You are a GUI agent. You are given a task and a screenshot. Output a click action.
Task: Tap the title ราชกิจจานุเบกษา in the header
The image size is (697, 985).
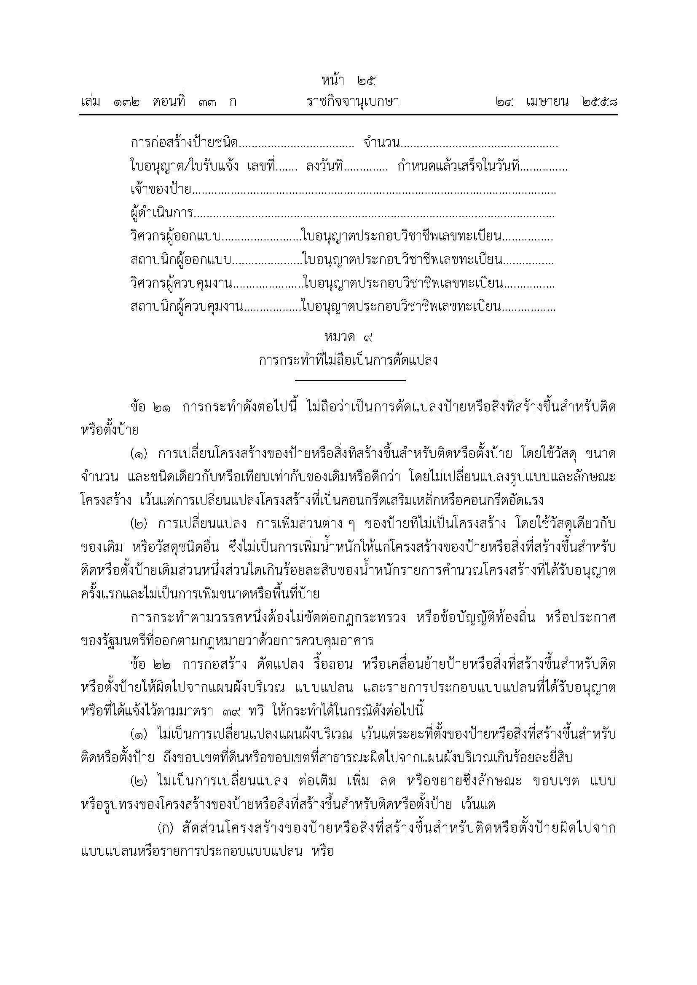[x=353, y=102]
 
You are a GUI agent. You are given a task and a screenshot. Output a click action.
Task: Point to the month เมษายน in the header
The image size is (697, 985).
[x=547, y=102]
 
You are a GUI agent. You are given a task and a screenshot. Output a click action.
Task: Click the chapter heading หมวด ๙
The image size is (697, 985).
[x=349, y=338]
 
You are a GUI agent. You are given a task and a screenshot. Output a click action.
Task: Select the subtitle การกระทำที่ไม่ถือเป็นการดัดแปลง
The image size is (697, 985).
[x=348, y=360]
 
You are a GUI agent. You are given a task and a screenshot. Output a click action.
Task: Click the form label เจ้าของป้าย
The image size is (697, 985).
[x=161, y=189]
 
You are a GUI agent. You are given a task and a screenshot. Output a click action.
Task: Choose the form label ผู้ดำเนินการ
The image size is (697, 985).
[x=162, y=212]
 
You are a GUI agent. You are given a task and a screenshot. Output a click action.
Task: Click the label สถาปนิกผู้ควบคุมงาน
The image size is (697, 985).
[x=186, y=307]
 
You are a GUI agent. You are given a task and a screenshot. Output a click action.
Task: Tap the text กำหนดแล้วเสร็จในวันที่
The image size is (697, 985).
[x=458, y=166]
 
